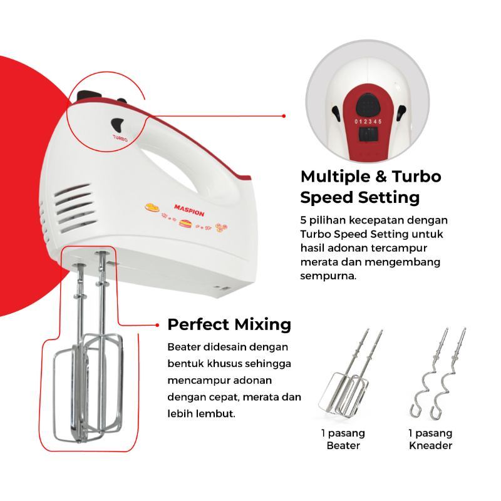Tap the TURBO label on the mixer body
tap(120, 137)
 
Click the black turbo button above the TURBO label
tap(118, 123)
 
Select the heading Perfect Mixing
tap(229, 324)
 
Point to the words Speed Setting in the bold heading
tap(359, 198)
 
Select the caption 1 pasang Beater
tap(344, 439)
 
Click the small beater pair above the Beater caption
tap(349, 376)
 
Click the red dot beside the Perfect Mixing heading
tap(157, 325)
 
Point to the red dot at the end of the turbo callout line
tap(284, 116)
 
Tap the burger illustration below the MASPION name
tap(185, 223)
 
